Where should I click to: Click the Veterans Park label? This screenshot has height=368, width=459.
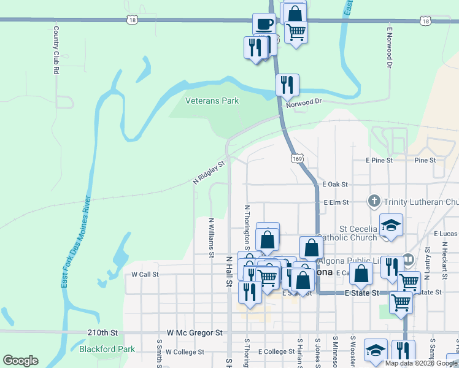tap(212, 101)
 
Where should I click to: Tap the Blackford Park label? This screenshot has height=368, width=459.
tap(107, 349)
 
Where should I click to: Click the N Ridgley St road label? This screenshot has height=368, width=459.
tap(209, 171)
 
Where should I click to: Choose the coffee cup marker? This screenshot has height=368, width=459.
tap(264, 25)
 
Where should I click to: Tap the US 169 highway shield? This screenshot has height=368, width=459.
tap(297, 158)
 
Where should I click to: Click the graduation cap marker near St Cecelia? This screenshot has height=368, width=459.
tap(391, 226)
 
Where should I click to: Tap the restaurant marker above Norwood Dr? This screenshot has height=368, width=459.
tap(287, 85)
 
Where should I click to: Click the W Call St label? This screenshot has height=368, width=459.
tap(145, 275)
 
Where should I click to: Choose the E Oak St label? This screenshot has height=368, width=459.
tap(335, 184)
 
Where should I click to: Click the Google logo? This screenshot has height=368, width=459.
tap(21, 361)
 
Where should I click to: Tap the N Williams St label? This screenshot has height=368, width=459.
tap(211, 237)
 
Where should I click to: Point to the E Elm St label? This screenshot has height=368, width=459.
tap(336, 202)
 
